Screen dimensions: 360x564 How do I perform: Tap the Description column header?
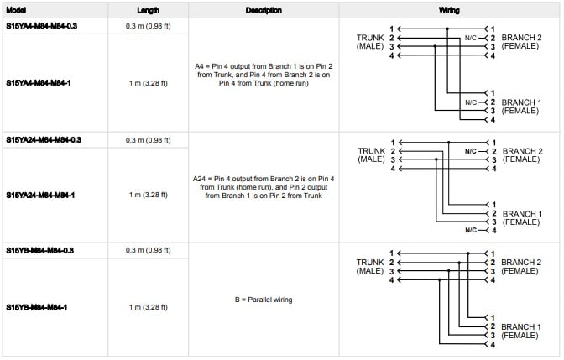(x=264, y=10)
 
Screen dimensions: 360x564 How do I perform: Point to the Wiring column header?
(x=448, y=10)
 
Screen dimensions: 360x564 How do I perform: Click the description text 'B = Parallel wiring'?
(x=264, y=300)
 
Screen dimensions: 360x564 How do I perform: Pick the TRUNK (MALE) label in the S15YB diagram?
(x=369, y=266)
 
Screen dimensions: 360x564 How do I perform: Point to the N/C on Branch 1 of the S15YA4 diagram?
(x=470, y=102)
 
